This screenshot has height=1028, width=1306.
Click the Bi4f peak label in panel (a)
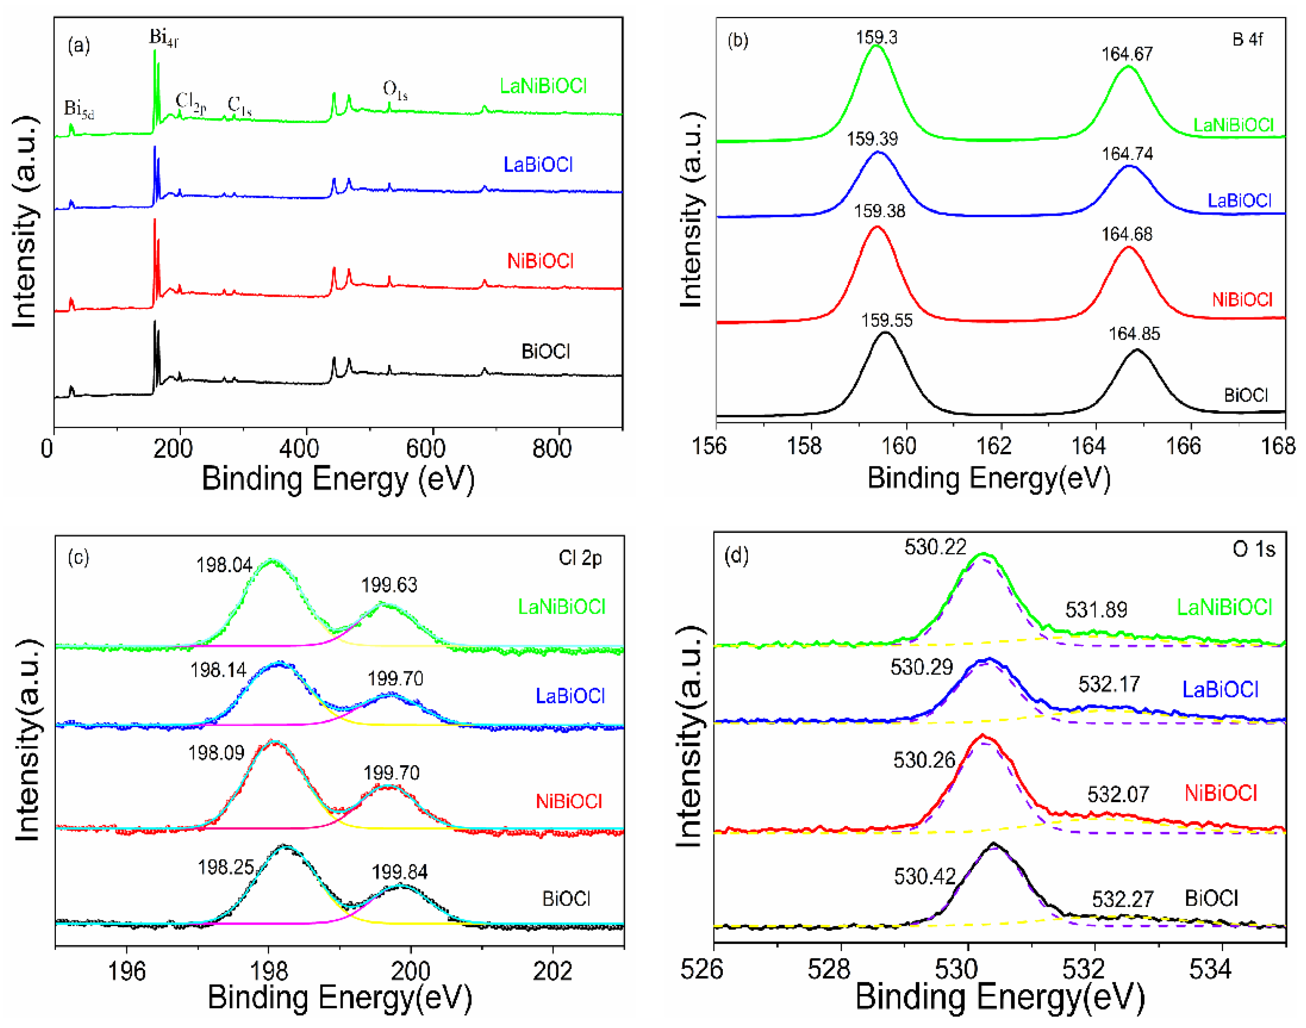(164, 38)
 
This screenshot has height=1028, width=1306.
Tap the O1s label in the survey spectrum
(395, 91)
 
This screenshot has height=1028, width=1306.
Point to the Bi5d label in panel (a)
(79, 109)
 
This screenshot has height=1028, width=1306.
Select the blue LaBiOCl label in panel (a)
(538, 165)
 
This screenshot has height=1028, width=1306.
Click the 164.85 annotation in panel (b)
(1134, 334)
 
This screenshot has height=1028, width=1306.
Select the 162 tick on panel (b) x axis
(994, 446)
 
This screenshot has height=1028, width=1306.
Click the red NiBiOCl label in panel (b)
(1242, 300)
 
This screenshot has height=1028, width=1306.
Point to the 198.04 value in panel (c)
(224, 565)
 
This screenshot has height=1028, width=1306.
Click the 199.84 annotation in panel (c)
(399, 872)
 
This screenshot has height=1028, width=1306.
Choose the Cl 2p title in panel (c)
(580, 558)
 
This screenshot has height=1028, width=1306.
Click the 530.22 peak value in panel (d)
(935, 547)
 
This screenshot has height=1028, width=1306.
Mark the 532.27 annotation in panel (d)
(1123, 900)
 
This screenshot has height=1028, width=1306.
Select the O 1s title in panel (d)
(1254, 549)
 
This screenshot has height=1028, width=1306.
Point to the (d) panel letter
(737, 555)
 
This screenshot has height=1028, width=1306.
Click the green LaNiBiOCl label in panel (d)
(1224, 607)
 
